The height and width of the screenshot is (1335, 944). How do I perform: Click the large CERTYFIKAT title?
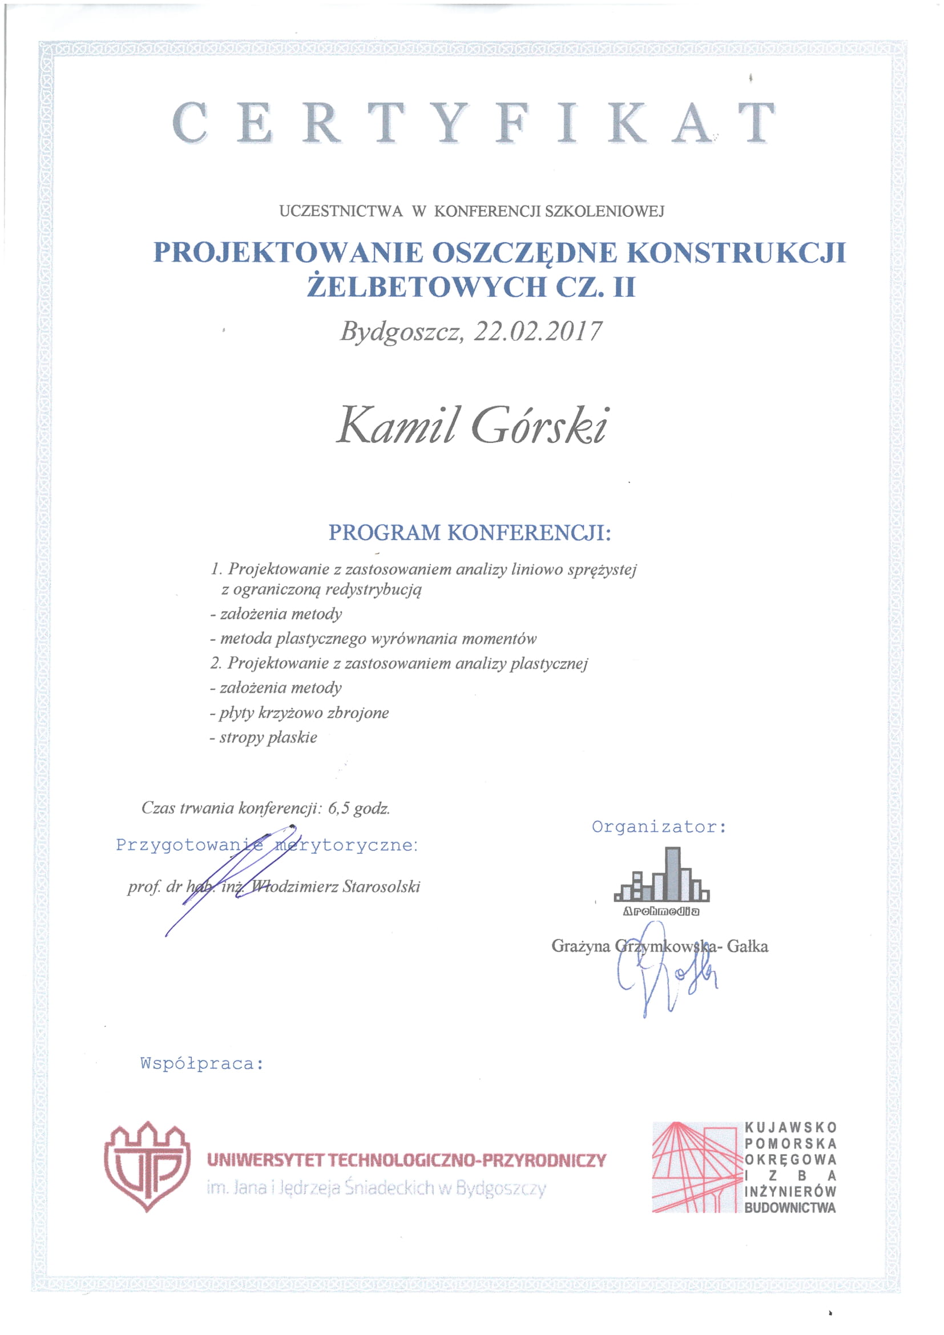coord(473,123)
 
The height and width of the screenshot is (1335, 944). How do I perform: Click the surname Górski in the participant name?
coord(538,425)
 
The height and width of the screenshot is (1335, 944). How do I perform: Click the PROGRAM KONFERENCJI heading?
coord(470,533)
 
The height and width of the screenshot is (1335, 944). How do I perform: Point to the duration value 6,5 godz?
coord(358,808)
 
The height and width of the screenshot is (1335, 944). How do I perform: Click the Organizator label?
coord(659,826)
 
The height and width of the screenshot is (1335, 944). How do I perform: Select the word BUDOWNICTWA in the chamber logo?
coord(789,1208)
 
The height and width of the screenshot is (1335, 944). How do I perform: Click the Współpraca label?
coord(201,1063)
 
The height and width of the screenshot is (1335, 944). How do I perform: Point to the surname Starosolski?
coord(381,886)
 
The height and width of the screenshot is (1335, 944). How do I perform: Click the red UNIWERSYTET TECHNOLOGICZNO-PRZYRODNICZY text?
coord(406,1160)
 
